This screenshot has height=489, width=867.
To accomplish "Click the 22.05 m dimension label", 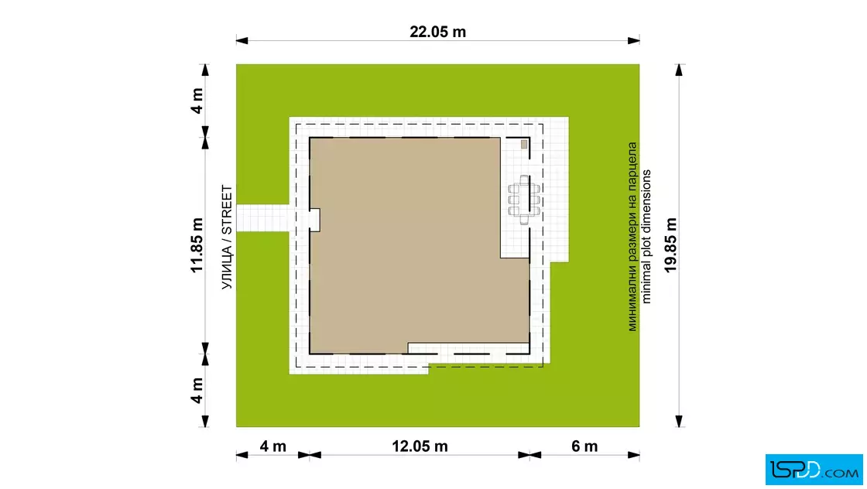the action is click(x=437, y=32).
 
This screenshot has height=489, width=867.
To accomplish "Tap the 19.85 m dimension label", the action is click(x=670, y=244).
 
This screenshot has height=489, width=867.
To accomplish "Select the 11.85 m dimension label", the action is click(x=197, y=245).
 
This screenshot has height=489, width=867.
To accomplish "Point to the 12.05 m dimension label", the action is click(x=420, y=446).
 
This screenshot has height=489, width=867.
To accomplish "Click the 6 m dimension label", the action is click(x=584, y=446).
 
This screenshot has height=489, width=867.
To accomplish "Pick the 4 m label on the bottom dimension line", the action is click(x=272, y=446).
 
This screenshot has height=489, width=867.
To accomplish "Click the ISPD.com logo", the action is click(x=814, y=470).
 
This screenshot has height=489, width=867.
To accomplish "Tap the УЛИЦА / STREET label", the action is click(x=228, y=237).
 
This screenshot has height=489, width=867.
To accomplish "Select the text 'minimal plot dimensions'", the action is click(x=646, y=237).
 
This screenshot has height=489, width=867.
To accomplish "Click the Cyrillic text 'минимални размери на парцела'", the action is click(x=632, y=237).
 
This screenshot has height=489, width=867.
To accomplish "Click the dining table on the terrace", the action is click(x=524, y=200).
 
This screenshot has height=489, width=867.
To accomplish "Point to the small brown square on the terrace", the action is click(x=524, y=145).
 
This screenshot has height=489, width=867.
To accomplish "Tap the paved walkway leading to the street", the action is click(x=262, y=217).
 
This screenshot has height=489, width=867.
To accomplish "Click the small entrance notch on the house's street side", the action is click(x=314, y=220).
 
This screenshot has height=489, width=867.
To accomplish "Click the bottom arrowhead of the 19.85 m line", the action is click(x=679, y=421).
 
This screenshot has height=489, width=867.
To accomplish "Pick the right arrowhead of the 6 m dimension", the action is click(x=634, y=455).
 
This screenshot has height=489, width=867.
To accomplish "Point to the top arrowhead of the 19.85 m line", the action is click(x=679, y=70).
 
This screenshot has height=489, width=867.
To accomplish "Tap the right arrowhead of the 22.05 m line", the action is click(x=634, y=40).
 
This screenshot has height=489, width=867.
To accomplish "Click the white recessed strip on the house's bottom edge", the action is click(x=468, y=348).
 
